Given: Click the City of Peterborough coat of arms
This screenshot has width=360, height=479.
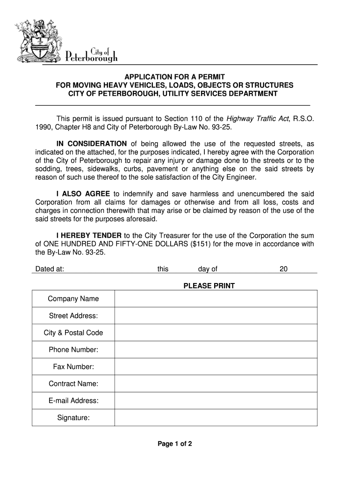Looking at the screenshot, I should click(x=37, y=42).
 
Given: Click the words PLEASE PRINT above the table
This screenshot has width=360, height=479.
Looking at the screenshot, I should click(x=209, y=286).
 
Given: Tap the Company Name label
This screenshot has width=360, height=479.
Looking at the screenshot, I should click(x=73, y=299).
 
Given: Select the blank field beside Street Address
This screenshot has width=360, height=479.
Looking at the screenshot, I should click(x=216, y=316).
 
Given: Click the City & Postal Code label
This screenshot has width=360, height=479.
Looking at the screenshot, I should click(x=73, y=333).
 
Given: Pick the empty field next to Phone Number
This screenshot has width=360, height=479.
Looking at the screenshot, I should click(x=216, y=350).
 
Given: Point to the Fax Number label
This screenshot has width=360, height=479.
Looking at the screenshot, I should click(x=73, y=367).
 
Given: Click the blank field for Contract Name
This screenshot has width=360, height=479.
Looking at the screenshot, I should click(x=216, y=384).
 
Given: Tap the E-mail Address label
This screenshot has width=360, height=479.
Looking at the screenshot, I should click(x=73, y=401).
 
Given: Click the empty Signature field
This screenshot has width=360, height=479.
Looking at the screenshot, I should click(x=216, y=418).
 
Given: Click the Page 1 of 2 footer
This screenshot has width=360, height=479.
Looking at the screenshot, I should click(x=175, y=444).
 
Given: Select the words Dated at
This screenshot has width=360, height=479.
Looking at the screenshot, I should click(x=50, y=269).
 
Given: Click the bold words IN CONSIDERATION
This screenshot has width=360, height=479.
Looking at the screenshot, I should click(x=91, y=144).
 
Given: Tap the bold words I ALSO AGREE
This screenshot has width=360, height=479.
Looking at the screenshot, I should click(x=83, y=194).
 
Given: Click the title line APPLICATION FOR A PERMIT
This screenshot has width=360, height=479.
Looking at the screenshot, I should click(x=174, y=77).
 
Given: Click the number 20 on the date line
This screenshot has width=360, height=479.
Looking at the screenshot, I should click(x=283, y=269).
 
